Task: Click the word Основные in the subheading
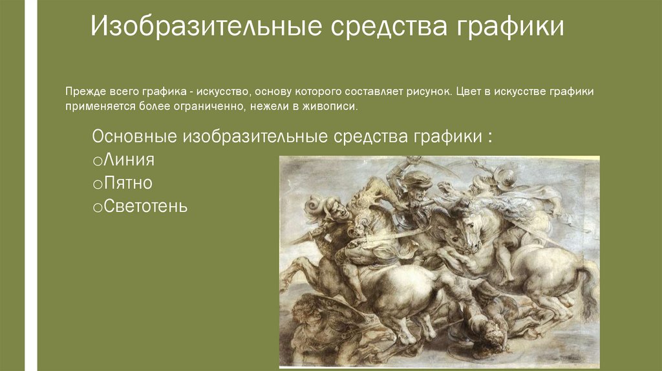pyautogui.click(x=135, y=137)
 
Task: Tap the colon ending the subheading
pyautogui.click(x=491, y=138)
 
